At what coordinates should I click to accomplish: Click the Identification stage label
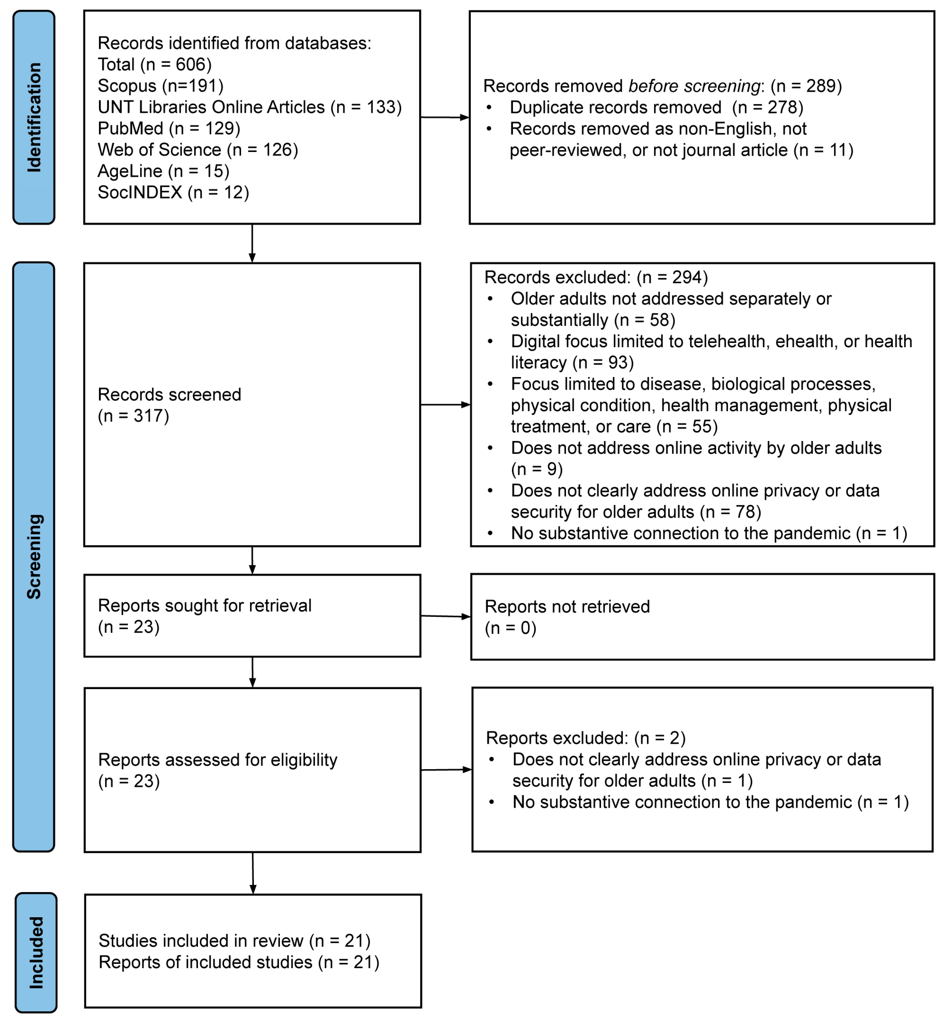pyautogui.click(x=34, y=117)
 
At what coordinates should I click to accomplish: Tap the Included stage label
pyautogui.click(x=36, y=953)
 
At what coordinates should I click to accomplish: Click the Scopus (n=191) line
pyautogui.click(x=161, y=85)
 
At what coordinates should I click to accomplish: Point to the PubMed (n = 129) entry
pyautogui.click(x=169, y=128)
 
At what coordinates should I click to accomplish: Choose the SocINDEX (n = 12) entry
pyautogui.click(x=173, y=192)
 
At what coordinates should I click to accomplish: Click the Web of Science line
pyautogui.click(x=198, y=150)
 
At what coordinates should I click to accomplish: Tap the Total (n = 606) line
pyautogui.click(x=155, y=64)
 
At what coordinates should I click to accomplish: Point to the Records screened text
pyautogui.click(x=170, y=405)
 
